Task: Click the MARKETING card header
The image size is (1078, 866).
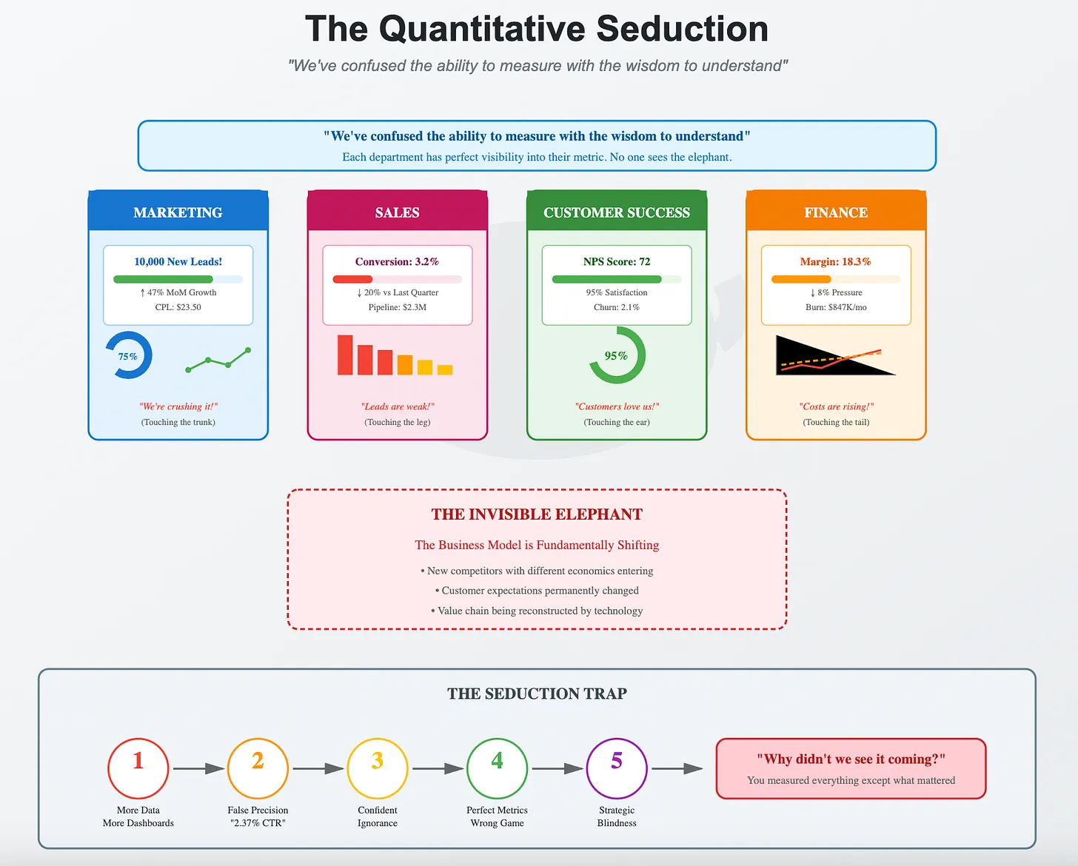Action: pos(178,212)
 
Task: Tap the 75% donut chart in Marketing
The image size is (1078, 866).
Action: pos(129,356)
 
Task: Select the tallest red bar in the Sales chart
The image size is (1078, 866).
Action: pos(345,355)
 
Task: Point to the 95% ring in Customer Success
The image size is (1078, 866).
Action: pos(617,356)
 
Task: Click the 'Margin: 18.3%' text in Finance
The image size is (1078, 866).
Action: pos(835,262)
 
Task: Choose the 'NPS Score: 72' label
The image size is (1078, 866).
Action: pos(617,262)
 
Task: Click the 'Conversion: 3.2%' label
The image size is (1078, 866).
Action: pos(397,262)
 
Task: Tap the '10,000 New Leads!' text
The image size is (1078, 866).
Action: pos(178,262)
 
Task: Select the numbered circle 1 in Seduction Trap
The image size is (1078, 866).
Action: pos(138,768)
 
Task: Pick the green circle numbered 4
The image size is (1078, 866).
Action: pos(497,768)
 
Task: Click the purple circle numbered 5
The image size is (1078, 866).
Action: pos(617,768)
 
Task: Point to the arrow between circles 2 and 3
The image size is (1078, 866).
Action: pos(318,769)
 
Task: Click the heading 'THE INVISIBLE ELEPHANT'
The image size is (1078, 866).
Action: pos(537,514)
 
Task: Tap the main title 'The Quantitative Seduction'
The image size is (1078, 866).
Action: pos(537,30)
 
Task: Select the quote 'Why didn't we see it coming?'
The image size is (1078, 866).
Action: pos(851,759)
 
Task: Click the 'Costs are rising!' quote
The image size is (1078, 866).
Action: pos(836,406)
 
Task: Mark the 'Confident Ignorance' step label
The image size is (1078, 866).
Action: pos(378,816)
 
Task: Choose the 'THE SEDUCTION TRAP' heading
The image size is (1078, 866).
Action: pos(537,694)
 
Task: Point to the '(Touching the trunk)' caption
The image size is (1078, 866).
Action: pos(178,423)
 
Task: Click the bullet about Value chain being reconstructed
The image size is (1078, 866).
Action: pos(537,611)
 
